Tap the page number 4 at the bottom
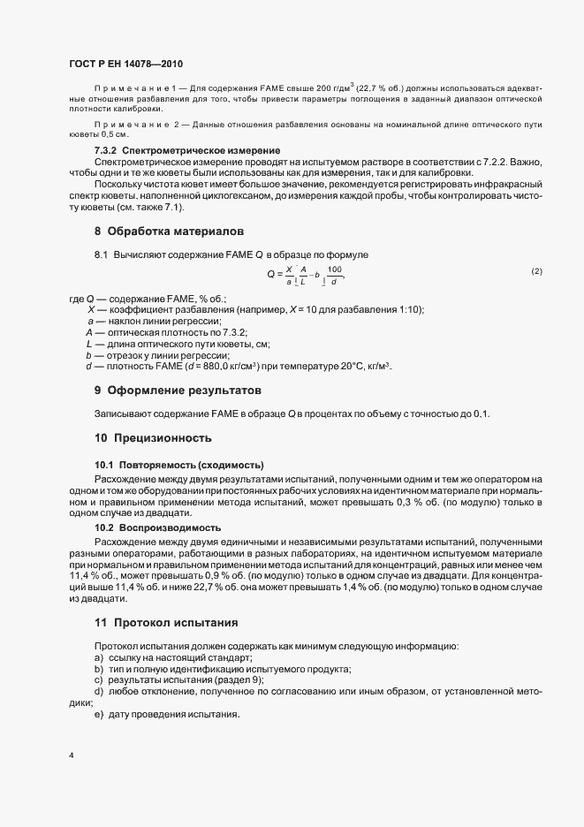(x=71, y=755)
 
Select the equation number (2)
(x=536, y=270)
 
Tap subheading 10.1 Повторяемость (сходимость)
(x=180, y=465)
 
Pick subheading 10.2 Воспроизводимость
(x=158, y=527)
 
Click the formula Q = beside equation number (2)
(x=306, y=275)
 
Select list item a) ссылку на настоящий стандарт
(x=173, y=658)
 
